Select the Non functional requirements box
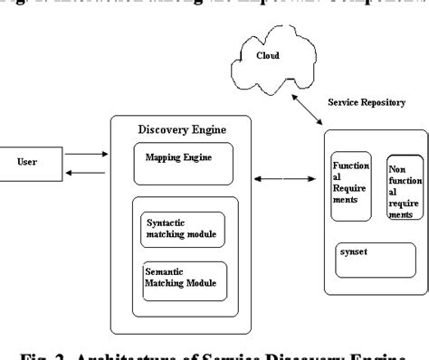403,190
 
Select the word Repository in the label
396,102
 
